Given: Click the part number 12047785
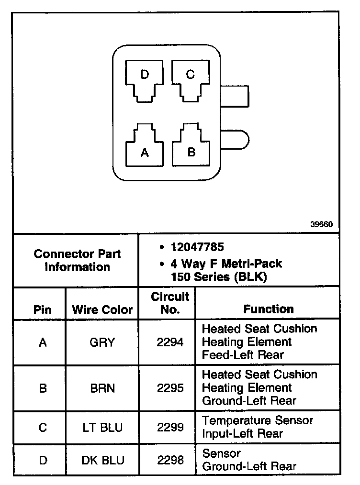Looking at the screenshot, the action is pos(197,247).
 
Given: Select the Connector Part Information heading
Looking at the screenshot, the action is pos(77,260).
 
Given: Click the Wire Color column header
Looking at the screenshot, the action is pos(102,309).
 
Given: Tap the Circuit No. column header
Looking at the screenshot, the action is pos(170,303).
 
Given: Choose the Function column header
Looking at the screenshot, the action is pos(269,309).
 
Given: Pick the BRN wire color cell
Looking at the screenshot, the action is pos(102,388).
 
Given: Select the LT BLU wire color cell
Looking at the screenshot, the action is pos(102,427).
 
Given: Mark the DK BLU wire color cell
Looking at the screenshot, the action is pos(102,460).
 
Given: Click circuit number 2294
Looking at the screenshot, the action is pos(170,342).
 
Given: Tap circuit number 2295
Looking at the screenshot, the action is pos(170,388).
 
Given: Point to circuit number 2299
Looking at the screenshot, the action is pos(170,427).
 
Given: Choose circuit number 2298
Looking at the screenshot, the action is pos(170,460).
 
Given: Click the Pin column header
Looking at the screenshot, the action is pos(43,309).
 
